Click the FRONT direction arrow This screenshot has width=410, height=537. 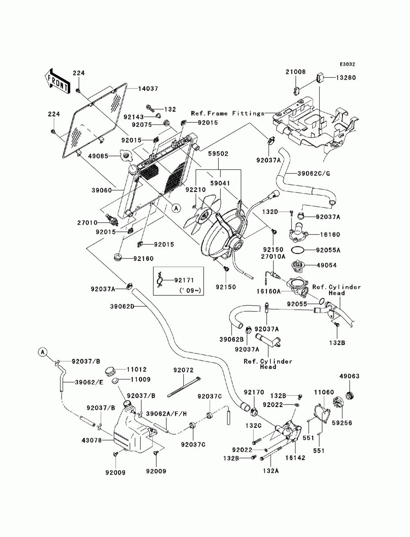click(57, 81)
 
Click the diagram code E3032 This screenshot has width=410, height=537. click(347, 64)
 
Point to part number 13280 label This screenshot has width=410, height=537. click(346, 78)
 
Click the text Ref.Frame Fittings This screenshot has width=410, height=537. click(228, 113)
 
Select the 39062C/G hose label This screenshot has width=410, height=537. click(314, 174)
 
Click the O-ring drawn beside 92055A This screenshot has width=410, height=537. click(298, 250)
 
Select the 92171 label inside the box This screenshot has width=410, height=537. click(184, 280)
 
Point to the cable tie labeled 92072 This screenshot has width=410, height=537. click(184, 387)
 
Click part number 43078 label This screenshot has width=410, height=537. click(91, 440)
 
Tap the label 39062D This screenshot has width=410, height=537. click(122, 306)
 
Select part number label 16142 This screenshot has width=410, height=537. click(295, 457)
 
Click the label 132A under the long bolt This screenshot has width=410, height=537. click(271, 471)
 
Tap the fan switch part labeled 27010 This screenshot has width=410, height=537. click(112, 219)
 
